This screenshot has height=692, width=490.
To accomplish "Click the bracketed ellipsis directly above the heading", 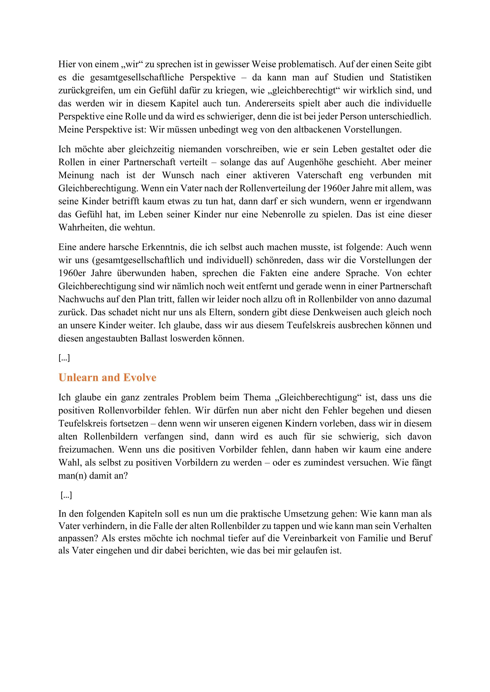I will [x=64, y=358].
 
